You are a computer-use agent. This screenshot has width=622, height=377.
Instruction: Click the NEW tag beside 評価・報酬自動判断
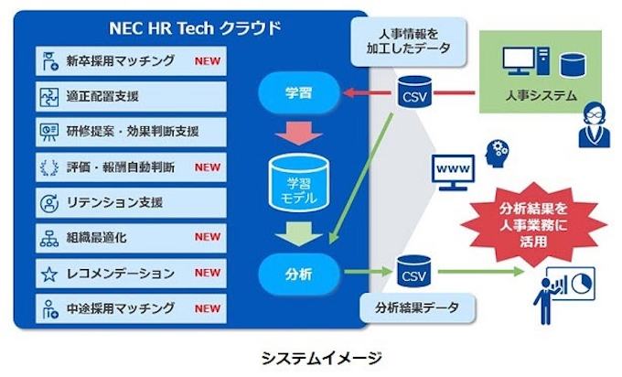coord(208,167)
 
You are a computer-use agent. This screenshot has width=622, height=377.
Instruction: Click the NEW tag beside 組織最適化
coord(208,236)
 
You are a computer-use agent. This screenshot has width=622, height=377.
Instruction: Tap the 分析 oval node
coord(294,271)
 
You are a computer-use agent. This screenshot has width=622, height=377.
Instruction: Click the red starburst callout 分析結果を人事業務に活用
coord(532,218)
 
